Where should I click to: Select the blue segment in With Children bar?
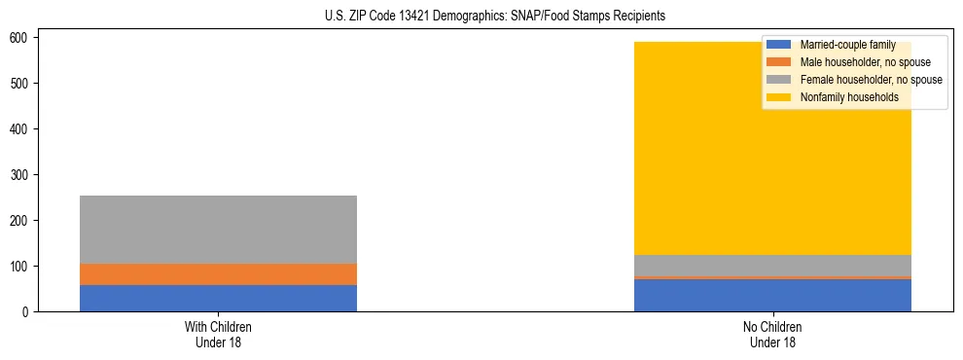(218, 298)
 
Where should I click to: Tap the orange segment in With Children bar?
(218, 274)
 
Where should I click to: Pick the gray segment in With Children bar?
(218, 230)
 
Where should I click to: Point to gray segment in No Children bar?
(772, 266)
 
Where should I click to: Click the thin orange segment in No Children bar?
(772, 277)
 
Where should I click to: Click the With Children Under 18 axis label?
(218, 335)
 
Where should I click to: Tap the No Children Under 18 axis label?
(772, 335)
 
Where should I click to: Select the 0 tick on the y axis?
(31, 311)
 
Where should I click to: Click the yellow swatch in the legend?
(779, 97)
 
